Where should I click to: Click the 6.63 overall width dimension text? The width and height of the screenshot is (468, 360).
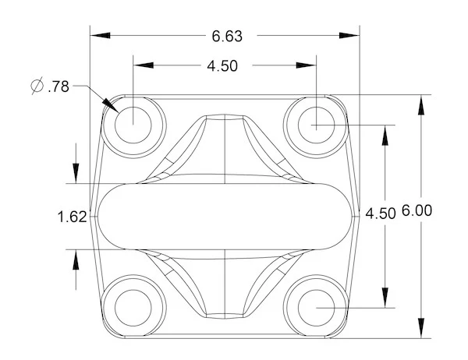pyautogui.click(x=226, y=36)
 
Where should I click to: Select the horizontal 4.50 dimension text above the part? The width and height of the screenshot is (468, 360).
pyautogui.click(x=222, y=66)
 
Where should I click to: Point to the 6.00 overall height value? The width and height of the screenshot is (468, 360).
pyautogui.click(x=417, y=210)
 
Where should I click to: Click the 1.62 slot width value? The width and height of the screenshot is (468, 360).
pyautogui.click(x=72, y=217)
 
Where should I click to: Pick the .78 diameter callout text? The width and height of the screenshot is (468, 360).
pyautogui.click(x=58, y=87)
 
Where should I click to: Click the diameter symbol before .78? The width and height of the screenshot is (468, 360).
pyautogui.click(x=37, y=87)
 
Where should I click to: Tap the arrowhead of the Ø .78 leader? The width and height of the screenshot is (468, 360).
pyautogui.click(x=111, y=108)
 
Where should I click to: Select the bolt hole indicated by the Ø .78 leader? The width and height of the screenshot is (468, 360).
pyautogui.click(x=133, y=122)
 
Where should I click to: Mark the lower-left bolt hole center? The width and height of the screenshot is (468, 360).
pyautogui.click(x=133, y=305)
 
